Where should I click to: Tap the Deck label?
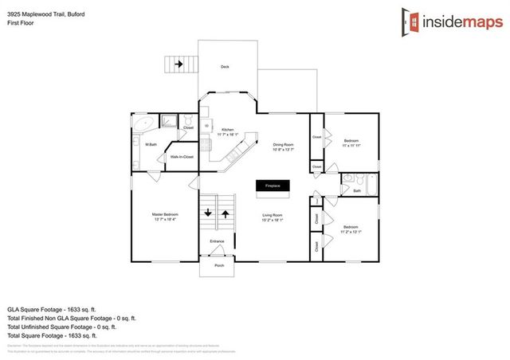pos(226,67)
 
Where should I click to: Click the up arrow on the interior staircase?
pos(226,213)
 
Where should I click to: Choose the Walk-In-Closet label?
pos(182,157)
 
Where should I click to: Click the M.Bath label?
pos(150,144)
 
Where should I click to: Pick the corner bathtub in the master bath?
pos(143,124)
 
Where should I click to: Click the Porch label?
pos(218,264)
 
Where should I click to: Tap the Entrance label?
pos(217,241)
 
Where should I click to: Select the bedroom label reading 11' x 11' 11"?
pos(351,143)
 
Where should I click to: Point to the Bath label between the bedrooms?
pos(357,191)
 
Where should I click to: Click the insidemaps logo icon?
pos(412,23)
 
